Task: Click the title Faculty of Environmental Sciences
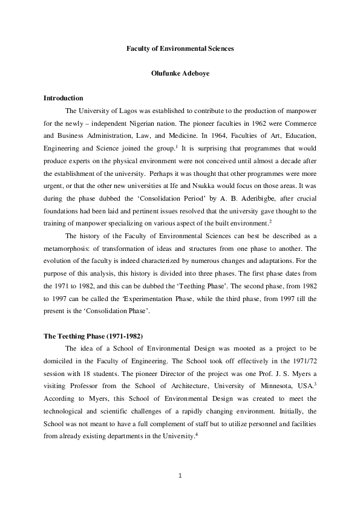[x=180, y=47]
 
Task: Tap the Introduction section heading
[x=64, y=98]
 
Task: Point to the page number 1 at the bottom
[x=180, y=475]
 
